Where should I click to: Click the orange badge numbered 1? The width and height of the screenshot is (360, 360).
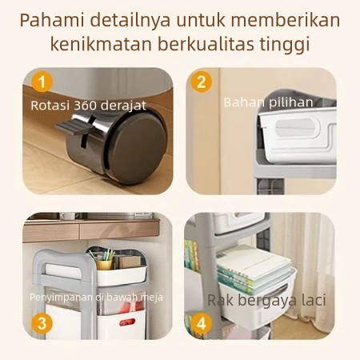(x=42, y=82)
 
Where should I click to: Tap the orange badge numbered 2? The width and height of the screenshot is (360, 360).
(x=202, y=82)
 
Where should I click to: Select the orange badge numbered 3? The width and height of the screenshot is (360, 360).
(x=42, y=323)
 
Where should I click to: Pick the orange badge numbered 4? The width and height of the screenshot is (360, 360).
(x=202, y=323)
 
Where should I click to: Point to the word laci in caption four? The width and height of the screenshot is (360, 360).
(x=314, y=300)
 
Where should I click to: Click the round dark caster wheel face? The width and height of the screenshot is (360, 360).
(x=138, y=147)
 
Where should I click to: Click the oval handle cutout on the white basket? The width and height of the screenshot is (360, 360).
(x=295, y=128)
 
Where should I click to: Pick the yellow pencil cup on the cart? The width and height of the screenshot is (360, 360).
(x=104, y=265)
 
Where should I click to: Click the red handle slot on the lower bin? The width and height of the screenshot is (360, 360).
(x=127, y=322)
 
